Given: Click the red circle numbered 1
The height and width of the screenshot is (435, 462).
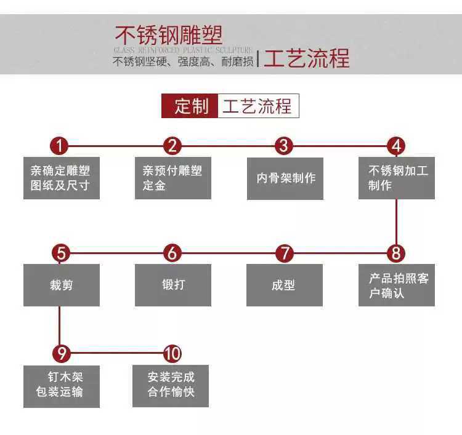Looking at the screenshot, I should click(x=59, y=146).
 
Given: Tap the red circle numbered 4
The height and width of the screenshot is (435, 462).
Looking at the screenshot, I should click(x=396, y=146).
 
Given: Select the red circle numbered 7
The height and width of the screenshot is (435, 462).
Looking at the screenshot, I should click(x=284, y=253).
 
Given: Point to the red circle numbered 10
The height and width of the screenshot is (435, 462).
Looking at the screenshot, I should click(x=172, y=354).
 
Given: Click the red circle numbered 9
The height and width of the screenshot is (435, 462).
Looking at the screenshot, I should click(x=60, y=354).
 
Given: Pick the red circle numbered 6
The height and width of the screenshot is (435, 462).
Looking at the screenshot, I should click(x=172, y=253).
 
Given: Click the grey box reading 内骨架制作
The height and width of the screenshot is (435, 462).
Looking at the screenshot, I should click(x=285, y=178).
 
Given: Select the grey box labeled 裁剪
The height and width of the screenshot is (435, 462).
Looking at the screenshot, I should click(x=61, y=285).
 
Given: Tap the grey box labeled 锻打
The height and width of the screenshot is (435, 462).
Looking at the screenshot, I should click(x=173, y=285).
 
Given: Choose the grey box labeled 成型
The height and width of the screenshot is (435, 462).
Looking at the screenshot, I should click(x=284, y=285).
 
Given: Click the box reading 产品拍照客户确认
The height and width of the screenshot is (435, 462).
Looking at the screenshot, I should click(x=397, y=285).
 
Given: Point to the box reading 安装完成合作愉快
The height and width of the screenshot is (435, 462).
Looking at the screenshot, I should click(x=171, y=386).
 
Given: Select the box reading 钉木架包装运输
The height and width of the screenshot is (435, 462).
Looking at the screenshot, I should click(x=61, y=386).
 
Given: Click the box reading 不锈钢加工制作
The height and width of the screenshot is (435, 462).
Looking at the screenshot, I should click(x=397, y=178).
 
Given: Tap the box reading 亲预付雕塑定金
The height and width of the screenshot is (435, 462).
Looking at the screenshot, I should click(x=172, y=178).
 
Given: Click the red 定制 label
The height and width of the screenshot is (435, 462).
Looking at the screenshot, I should click(x=190, y=106).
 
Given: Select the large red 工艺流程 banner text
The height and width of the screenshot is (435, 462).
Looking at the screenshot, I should click(x=306, y=58).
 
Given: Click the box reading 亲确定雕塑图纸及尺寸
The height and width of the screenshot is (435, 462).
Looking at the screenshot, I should click(x=61, y=178).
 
